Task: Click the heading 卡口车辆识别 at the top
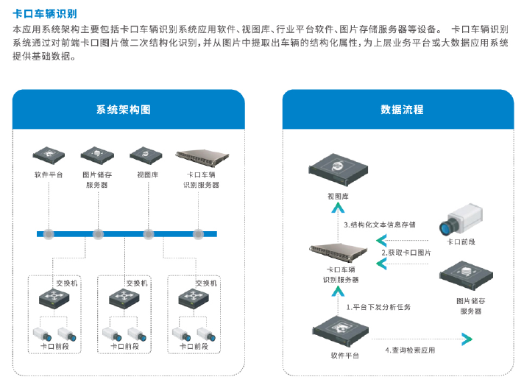click(x=45, y=13)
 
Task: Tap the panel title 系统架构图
click(x=123, y=110)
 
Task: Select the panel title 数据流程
click(x=402, y=110)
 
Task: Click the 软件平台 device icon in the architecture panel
click(x=49, y=155)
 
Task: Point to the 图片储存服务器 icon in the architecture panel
click(x=97, y=155)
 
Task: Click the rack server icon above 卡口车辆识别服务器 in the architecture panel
click(x=199, y=155)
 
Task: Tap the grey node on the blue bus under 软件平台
click(x=49, y=234)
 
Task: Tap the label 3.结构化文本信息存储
click(x=380, y=225)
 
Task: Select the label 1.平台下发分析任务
click(x=378, y=306)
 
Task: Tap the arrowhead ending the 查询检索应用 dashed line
click(x=465, y=339)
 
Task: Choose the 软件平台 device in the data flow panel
click(x=340, y=332)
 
